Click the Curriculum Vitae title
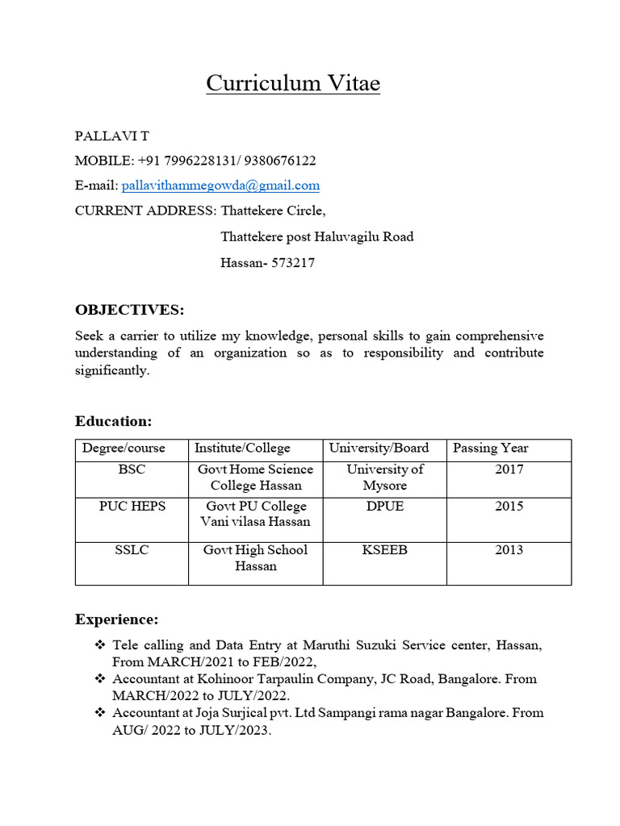292,83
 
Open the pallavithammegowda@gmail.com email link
220,186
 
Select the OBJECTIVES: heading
129,310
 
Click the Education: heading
113,421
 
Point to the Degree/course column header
124,448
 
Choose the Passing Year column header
490,448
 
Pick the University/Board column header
379,448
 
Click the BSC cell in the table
132,469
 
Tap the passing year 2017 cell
509,469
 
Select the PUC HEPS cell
132,507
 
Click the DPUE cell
384,507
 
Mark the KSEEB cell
384,550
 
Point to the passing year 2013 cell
509,550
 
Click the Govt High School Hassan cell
255,558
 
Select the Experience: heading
116,619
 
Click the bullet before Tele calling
100,645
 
